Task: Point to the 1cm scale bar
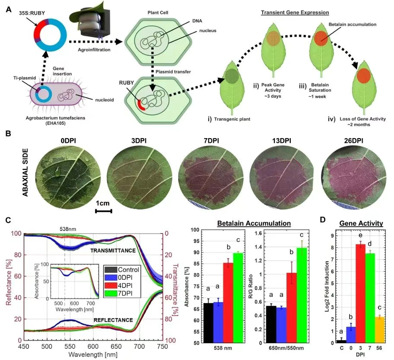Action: pyautogui.click(x=104, y=211)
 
